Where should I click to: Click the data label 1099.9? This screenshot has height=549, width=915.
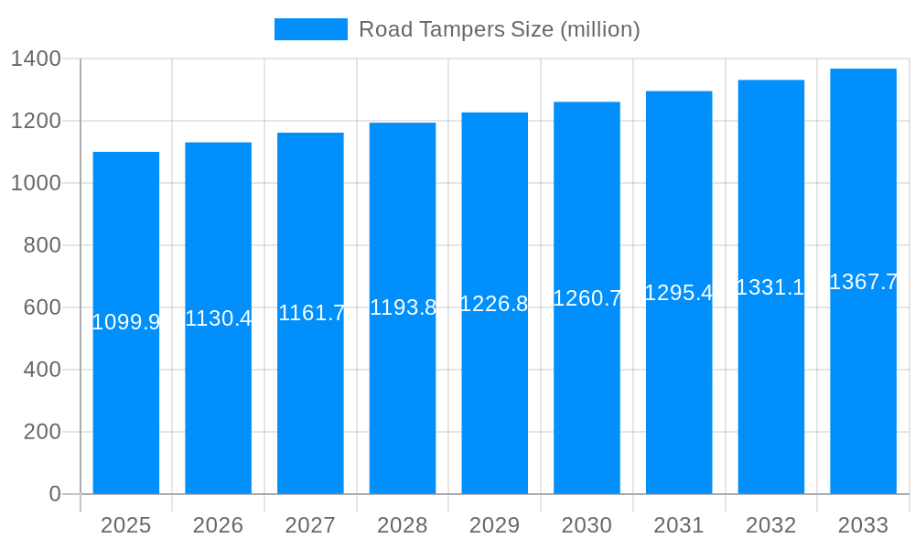coord(126,322)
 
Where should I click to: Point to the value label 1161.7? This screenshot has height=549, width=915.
coord(311,313)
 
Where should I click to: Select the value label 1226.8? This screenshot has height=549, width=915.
coord(494,304)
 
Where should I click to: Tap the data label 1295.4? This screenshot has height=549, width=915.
coord(679,293)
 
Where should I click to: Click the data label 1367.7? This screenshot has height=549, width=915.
coord(863,282)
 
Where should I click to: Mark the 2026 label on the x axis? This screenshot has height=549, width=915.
coord(218,525)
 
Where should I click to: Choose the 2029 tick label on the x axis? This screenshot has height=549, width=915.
coord(494,525)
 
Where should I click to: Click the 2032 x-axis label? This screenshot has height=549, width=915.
coord(770,525)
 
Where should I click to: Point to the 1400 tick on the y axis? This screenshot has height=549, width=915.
coord(36,59)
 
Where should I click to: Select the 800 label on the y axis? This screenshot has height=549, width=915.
coord(42,245)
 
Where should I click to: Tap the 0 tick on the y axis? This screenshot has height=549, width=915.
coord(55,494)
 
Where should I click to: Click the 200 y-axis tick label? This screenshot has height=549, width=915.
coord(42,432)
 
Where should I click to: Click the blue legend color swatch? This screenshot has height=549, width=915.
coord(311,29)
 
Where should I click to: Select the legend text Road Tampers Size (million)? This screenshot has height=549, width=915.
coord(499,29)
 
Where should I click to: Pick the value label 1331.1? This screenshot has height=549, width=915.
coord(770,287)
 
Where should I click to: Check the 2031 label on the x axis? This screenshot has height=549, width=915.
coord(679,525)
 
